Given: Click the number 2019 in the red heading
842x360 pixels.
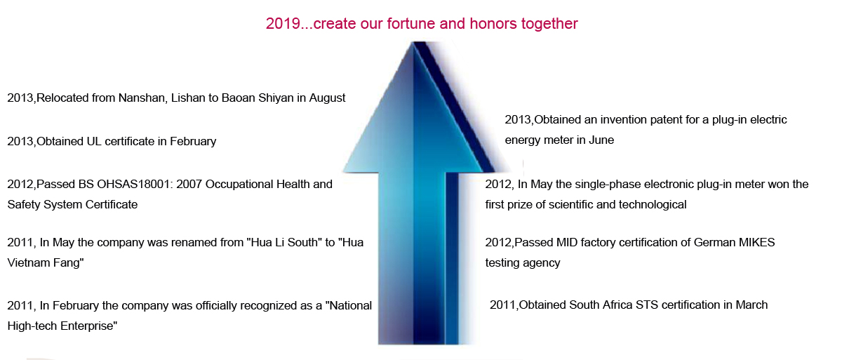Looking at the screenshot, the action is coord(283,24).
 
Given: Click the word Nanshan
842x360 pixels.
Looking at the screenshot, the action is coord(141,98).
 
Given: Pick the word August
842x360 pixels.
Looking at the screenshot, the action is coord(327,98).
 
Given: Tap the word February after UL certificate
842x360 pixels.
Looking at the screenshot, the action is coord(193,142).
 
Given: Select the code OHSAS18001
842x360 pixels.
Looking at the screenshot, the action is coord(133,184).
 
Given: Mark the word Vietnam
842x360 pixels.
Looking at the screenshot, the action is coord(28,262).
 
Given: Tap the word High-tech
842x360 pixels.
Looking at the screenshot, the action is coord(32,326).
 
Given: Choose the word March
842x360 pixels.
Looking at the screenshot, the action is coord(751,305).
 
